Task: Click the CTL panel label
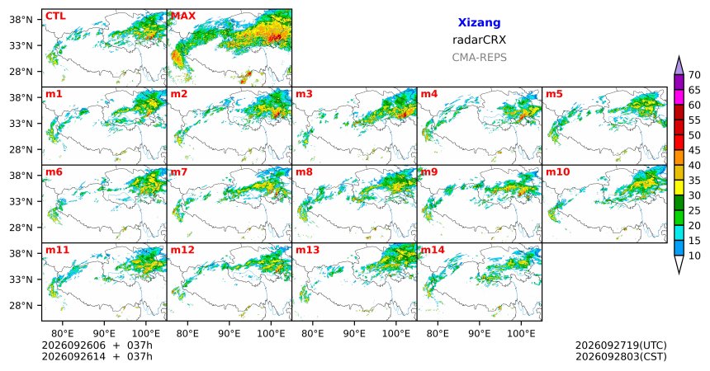point(55,16)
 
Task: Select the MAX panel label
point(183,16)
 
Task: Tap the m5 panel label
point(554,94)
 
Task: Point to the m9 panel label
point(429,172)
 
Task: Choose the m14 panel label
point(433,250)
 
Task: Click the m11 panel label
point(57,250)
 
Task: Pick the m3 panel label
point(305,94)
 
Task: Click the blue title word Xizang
point(479,22)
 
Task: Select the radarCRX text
point(479,40)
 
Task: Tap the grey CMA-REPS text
point(479,58)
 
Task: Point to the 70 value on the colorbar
point(694,75)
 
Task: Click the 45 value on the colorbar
point(694,150)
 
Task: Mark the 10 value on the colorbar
point(694,256)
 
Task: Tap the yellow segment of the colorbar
point(679,188)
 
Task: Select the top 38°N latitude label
point(21,20)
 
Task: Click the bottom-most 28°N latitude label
point(21,305)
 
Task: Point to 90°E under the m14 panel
point(479,334)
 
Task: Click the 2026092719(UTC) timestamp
point(621,345)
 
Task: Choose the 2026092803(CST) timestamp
point(621,356)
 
